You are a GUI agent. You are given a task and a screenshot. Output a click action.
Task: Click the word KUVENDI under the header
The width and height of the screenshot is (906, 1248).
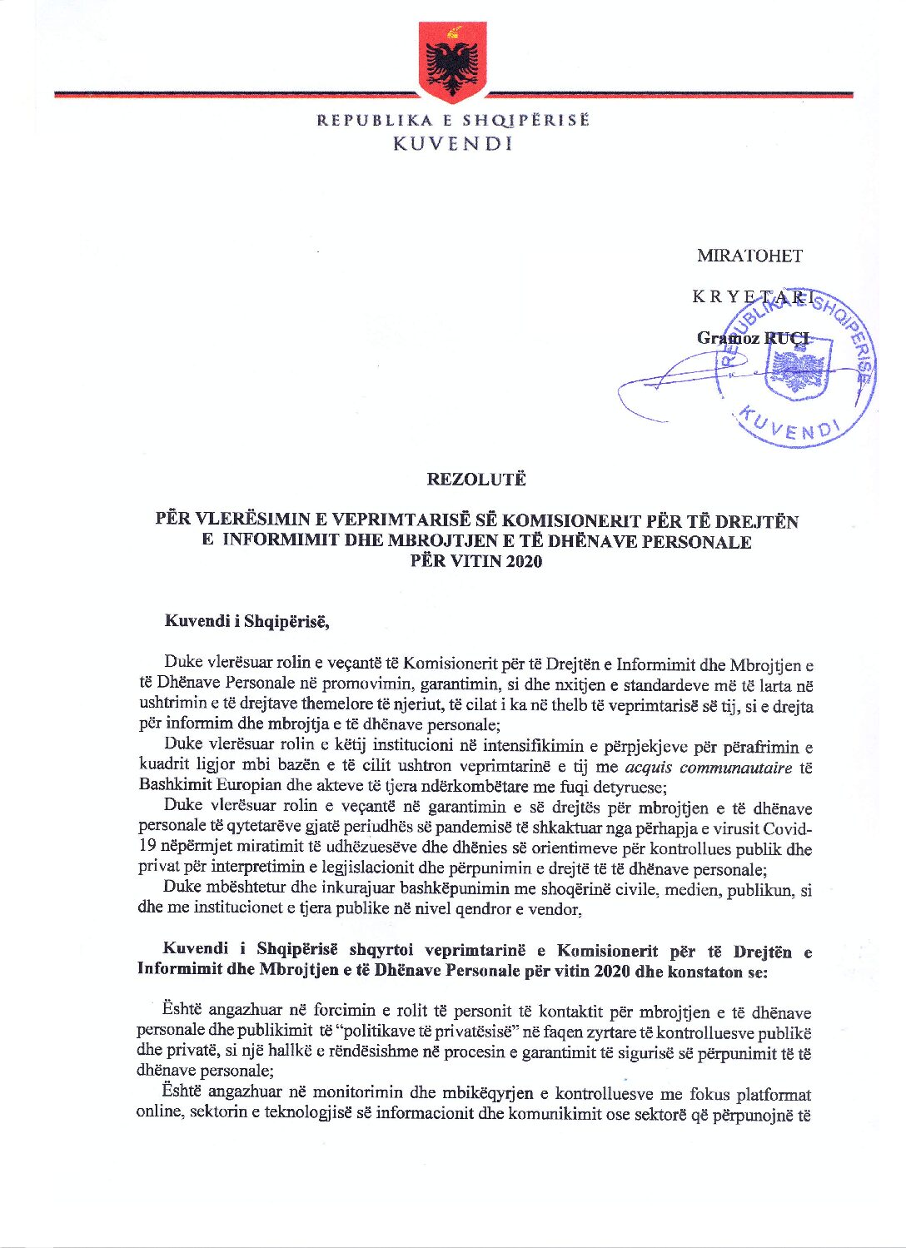pyautogui.click(x=452, y=143)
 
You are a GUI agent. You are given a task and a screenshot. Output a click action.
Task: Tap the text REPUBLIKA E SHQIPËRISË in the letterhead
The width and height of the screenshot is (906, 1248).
pyautogui.click(x=452, y=120)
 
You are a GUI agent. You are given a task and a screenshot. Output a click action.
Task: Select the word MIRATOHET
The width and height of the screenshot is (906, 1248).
pyautogui.click(x=749, y=256)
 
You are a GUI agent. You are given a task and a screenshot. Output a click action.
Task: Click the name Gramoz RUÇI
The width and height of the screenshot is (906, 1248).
pyautogui.click(x=753, y=338)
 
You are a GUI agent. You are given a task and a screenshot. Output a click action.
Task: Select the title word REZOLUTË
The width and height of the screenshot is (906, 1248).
pyautogui.click(x=475, y=480)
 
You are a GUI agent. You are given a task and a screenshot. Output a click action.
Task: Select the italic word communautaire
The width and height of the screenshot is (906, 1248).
pyautogui.click(x=735, y=768)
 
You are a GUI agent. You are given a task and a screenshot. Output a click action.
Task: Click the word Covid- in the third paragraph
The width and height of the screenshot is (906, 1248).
pyautogui.click(x=788, y=829)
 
